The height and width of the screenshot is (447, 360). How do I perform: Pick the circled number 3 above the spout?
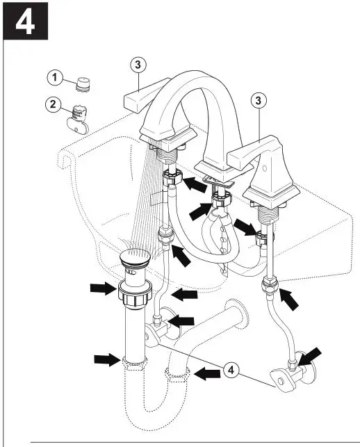[x=138, y=65]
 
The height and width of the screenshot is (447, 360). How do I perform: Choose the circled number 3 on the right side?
[x=259, y=101]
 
